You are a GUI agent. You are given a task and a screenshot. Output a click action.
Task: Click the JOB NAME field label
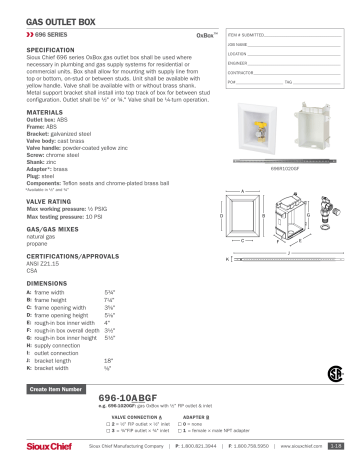238,44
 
